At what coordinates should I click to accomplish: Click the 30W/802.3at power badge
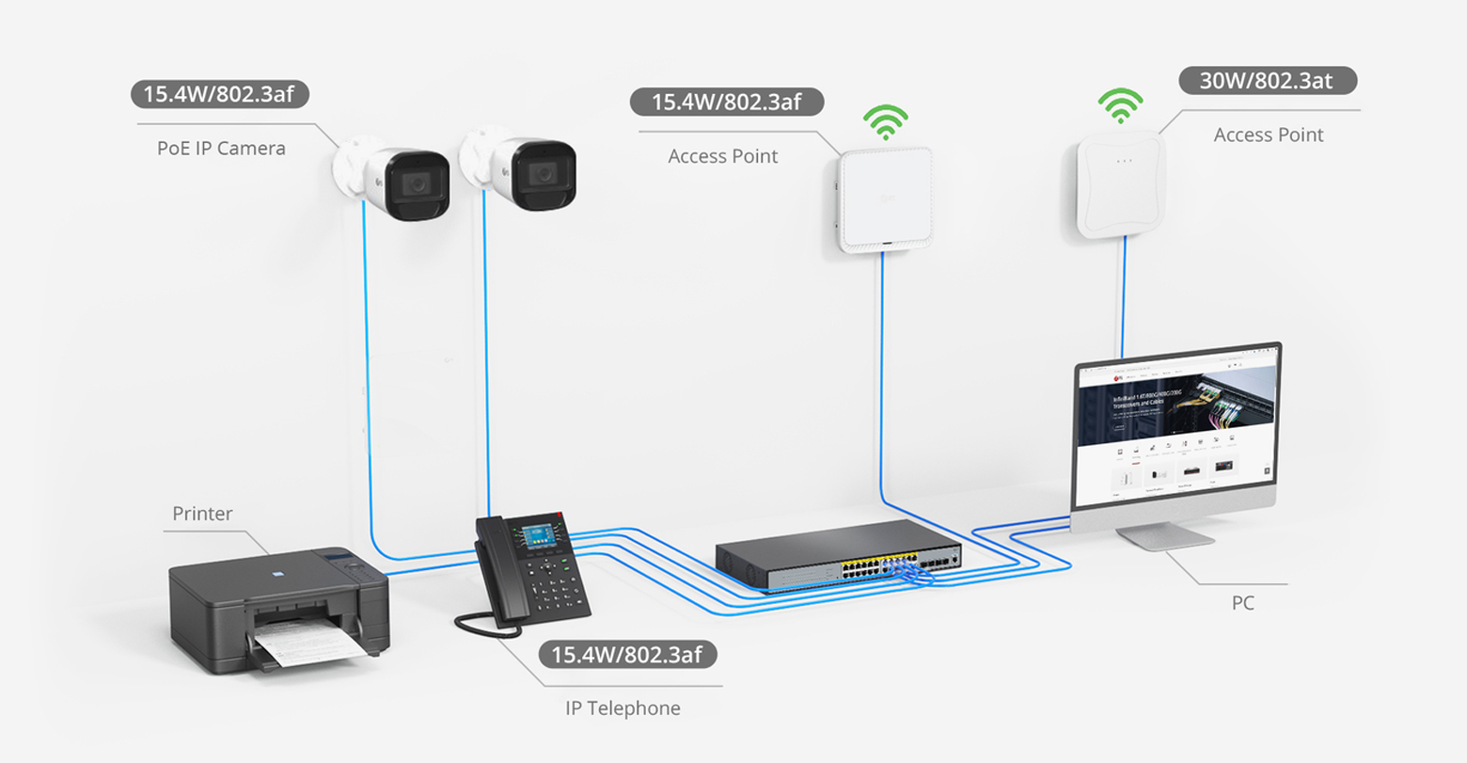(1267, 80)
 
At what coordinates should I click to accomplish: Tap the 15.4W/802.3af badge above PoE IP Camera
(219, 94)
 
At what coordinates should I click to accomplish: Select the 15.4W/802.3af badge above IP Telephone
(626, 654)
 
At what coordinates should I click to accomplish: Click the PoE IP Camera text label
(221, 148)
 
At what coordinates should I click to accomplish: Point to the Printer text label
(202, 514)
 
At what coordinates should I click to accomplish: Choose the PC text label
(1242, 603)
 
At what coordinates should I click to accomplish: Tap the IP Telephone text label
(623, 707)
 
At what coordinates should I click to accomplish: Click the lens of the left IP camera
(413, 180)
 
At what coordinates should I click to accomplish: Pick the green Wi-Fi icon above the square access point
(886, 121)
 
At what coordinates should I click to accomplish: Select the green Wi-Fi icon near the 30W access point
(1121, 105)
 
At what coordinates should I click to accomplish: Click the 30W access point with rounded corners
(1122, 184)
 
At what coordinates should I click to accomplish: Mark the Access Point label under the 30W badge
(1268, 135)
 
